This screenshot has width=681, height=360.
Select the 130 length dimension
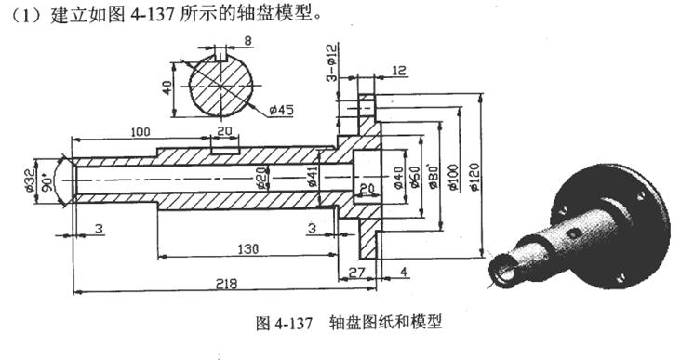tap(246, 248)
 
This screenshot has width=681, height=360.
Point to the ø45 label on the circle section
tap(280, 110)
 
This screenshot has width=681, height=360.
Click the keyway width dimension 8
tap(221, 40)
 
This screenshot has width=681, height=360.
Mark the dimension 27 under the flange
tap(355, 271)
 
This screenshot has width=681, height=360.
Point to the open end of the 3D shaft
tap(503, 272)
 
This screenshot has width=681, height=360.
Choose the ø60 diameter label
tap(413, 174)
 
